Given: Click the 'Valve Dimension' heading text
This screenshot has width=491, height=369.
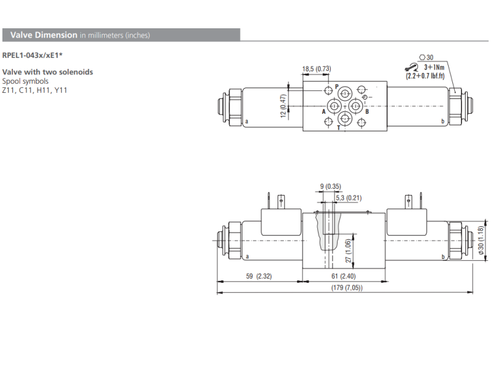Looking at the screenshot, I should (x=44, y=35).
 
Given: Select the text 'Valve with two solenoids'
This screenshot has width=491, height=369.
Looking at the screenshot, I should (x=47, y=72).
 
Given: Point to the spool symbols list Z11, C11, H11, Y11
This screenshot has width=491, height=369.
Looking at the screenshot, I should (x=34, y=89).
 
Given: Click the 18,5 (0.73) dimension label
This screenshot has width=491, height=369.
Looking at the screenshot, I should (x=317, y=68).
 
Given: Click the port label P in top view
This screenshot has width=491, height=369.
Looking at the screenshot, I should (x=336, y=86).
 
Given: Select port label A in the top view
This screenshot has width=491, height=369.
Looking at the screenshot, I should (x=323, y=112).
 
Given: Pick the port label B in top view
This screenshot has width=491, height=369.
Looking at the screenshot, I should (x=366, y=112).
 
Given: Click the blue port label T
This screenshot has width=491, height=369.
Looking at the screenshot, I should (x=339, y=128).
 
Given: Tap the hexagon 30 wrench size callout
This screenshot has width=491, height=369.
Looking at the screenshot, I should (x=426, y=57).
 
